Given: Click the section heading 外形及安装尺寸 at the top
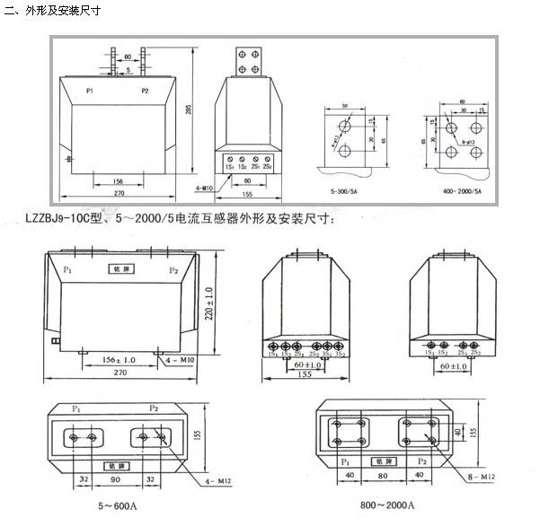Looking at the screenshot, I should (64, 12).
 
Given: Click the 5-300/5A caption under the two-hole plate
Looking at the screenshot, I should (345, 192).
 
